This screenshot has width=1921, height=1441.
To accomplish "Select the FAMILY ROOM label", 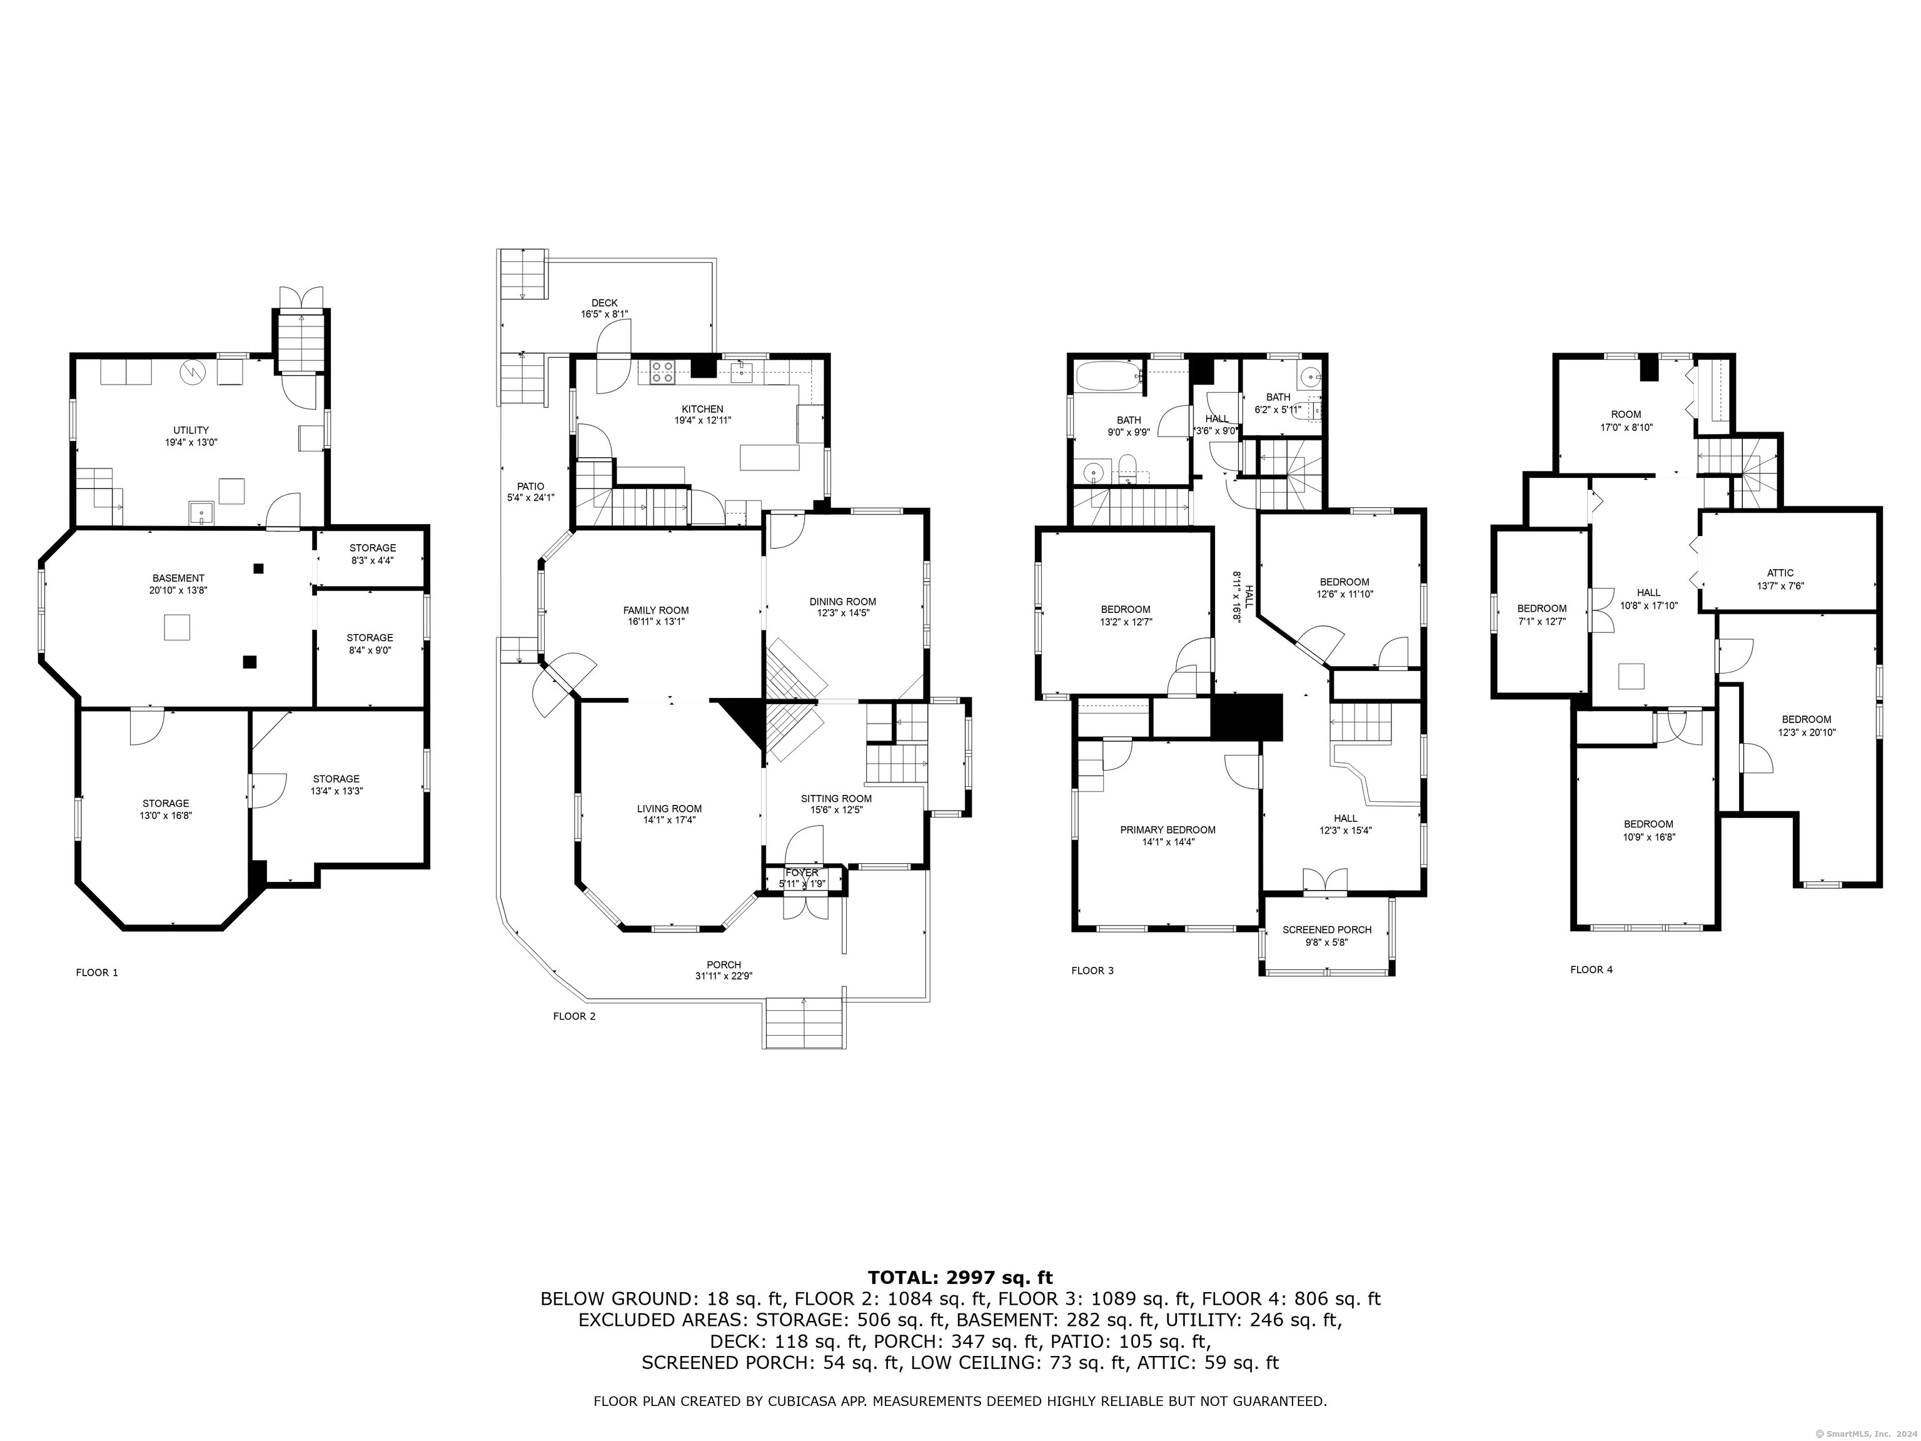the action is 656,610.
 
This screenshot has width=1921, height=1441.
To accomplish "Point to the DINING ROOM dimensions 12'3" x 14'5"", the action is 842,612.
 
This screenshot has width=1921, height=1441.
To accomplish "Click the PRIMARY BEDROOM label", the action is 1167,829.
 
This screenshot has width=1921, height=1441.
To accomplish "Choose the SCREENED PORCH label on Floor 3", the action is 1327,929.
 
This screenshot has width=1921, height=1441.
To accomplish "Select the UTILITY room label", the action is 191,430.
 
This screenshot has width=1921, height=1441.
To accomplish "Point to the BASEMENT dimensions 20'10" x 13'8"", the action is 178,590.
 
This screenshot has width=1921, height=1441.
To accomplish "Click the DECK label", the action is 605,303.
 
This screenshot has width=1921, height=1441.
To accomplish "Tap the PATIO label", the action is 531,487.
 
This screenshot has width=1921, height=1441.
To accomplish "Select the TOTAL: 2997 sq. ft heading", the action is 960,1277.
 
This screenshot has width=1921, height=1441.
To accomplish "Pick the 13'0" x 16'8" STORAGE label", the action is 166,804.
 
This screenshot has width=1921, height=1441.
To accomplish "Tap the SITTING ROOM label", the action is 836,798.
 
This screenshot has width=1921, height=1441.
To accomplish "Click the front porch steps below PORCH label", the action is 804,1023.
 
